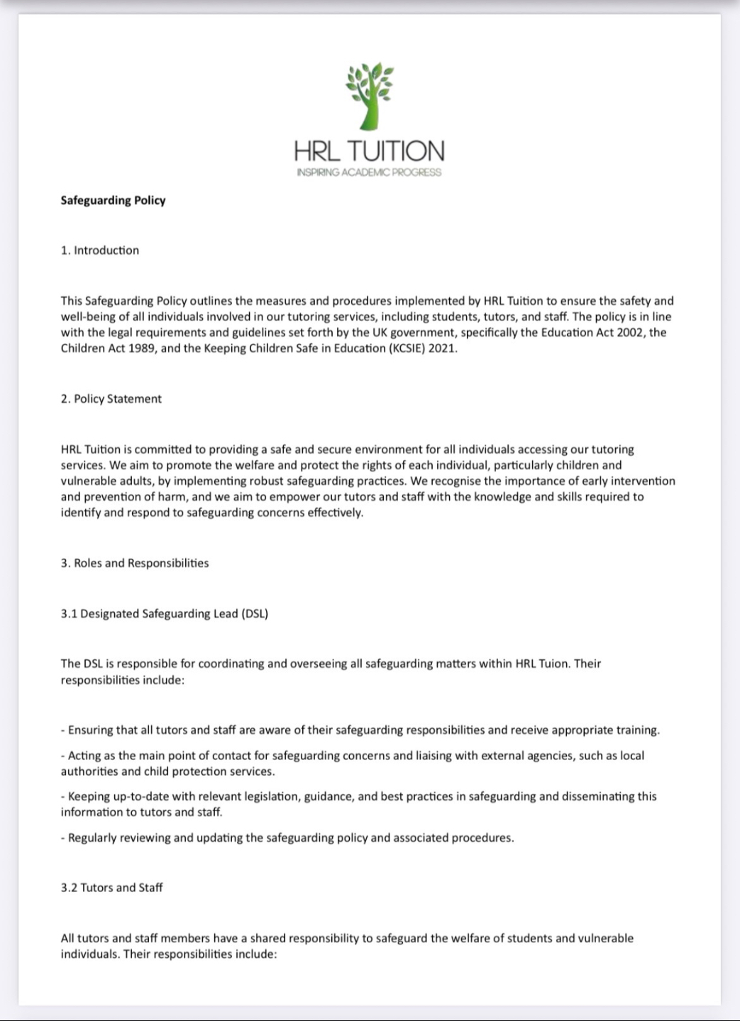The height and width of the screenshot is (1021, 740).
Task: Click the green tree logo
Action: (x=369, y=96)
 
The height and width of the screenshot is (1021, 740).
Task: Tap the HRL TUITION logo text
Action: (x=369, y=151)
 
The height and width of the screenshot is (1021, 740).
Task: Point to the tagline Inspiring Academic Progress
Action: (x=369, y=172)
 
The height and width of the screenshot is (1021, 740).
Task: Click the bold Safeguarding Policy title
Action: (x=113, y=201)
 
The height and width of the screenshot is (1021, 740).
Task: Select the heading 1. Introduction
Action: (x=100, y=250)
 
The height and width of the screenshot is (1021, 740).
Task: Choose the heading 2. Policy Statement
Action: (x=111, y=398)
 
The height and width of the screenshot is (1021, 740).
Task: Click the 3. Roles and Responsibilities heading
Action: (x=135, y=563)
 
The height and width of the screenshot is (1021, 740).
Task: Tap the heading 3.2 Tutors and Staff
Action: (x=112, y=888)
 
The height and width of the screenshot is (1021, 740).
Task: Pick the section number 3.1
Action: (x=69, y=614)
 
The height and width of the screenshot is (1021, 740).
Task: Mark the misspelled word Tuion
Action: (x=553, y=664)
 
